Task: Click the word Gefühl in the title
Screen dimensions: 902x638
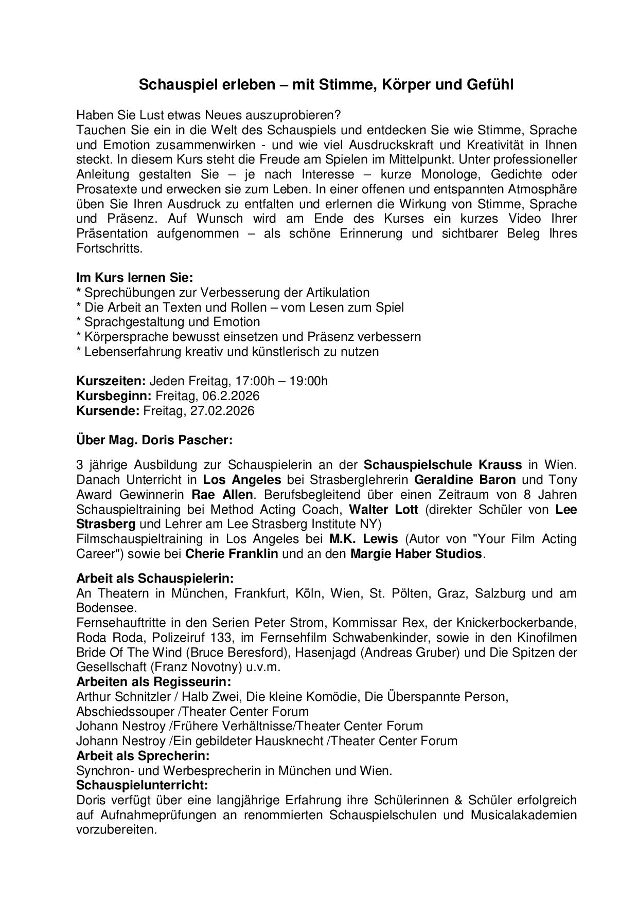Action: tap(489, 85)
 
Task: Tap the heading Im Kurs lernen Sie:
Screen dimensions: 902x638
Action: tap(134, 278)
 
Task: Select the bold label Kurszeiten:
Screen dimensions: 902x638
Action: tap(111, 381)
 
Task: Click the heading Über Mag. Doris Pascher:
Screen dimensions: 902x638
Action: tap(154, 440)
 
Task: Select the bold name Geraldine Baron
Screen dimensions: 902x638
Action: tap(465, 480)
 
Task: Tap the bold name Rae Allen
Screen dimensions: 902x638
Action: tap(222, 495)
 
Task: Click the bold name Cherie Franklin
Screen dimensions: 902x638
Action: tap(232, 554)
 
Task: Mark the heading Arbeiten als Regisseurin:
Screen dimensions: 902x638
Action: tap(153, 682)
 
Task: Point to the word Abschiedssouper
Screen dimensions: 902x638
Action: tap(124, 712)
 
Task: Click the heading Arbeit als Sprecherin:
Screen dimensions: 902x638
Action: tap(143, 756)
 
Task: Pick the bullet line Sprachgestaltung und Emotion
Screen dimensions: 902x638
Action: tap(172, 322)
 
